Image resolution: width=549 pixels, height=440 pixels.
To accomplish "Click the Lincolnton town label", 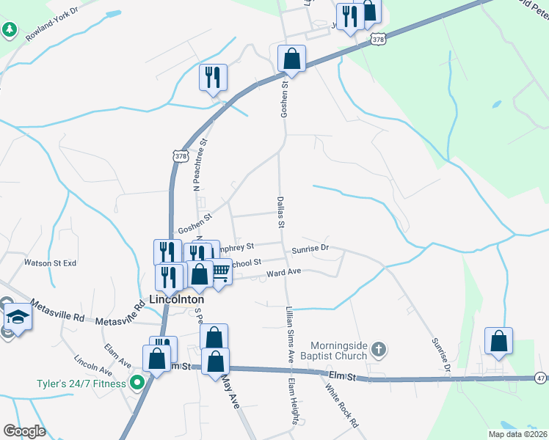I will coord(176,299).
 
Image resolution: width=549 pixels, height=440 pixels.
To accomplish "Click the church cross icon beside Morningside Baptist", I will coord(378,348).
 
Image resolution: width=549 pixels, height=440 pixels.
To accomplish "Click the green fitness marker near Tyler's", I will coord(137,382).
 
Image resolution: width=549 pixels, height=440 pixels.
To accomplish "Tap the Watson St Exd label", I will coord(50,263).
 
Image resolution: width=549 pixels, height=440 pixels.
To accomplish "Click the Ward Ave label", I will coord(284,272).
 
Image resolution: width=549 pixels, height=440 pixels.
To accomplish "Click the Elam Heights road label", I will coord(293,402).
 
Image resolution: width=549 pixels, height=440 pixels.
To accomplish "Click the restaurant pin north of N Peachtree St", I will coord(213,77).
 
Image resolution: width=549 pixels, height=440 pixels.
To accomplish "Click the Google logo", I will coord(24,431).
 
